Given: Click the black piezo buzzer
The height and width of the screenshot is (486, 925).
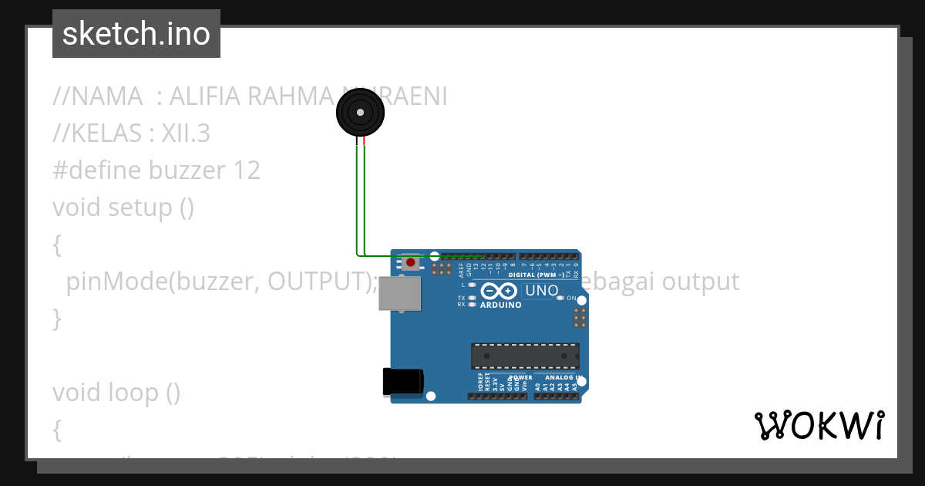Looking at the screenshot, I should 359,113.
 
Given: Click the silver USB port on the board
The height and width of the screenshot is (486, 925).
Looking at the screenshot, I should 400,294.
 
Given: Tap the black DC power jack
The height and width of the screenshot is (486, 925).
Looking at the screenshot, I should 402,382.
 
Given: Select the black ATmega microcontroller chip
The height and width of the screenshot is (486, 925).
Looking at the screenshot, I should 525,355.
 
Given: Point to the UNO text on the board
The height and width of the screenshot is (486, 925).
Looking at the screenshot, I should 541,291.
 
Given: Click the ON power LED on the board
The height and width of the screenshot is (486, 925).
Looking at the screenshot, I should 561,298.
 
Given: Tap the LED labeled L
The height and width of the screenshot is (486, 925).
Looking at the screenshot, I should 472,285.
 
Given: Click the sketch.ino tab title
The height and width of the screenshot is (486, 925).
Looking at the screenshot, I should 136,34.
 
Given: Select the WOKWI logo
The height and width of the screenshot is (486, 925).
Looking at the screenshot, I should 819,425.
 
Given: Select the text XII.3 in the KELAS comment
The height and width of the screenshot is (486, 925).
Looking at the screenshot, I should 185,133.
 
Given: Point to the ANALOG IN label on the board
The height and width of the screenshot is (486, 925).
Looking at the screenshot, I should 563,378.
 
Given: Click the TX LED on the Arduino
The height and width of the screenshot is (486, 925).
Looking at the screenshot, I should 472,297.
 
